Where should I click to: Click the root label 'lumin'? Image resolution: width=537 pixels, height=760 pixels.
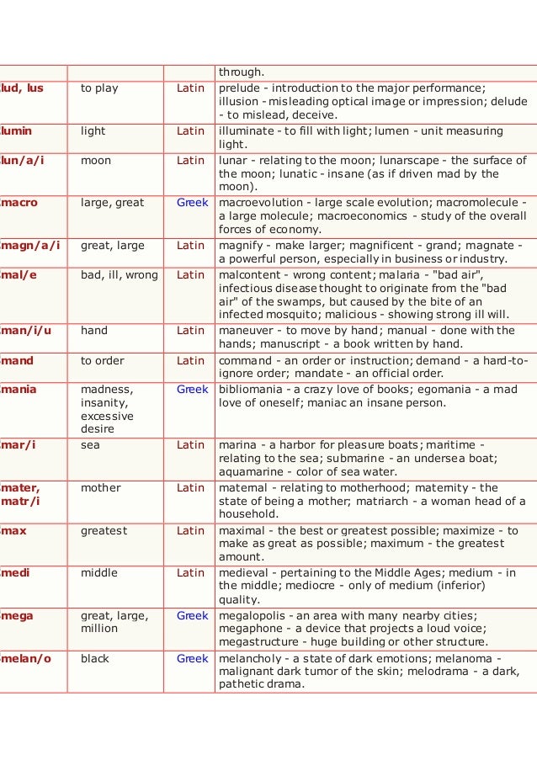[x=19, y=131]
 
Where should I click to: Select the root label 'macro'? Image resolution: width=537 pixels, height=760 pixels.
[x=19, y=203]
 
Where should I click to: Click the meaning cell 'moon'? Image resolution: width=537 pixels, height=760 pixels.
[x=95, y=160]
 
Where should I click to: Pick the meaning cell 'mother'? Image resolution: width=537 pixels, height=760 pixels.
[x=100, y=487]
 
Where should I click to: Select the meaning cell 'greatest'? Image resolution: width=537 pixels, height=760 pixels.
[x=104, y=530]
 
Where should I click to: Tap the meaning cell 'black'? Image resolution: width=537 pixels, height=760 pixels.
[x=95, y=658]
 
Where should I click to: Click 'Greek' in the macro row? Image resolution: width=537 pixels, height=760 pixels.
[x=192, y=203]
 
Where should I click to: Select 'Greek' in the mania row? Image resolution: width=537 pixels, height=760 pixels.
[x=192, y=390]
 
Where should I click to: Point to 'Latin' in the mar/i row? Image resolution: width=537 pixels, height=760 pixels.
[x=191, y=444]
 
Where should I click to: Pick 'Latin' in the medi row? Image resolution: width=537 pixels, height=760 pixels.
[x=191, y=572]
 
